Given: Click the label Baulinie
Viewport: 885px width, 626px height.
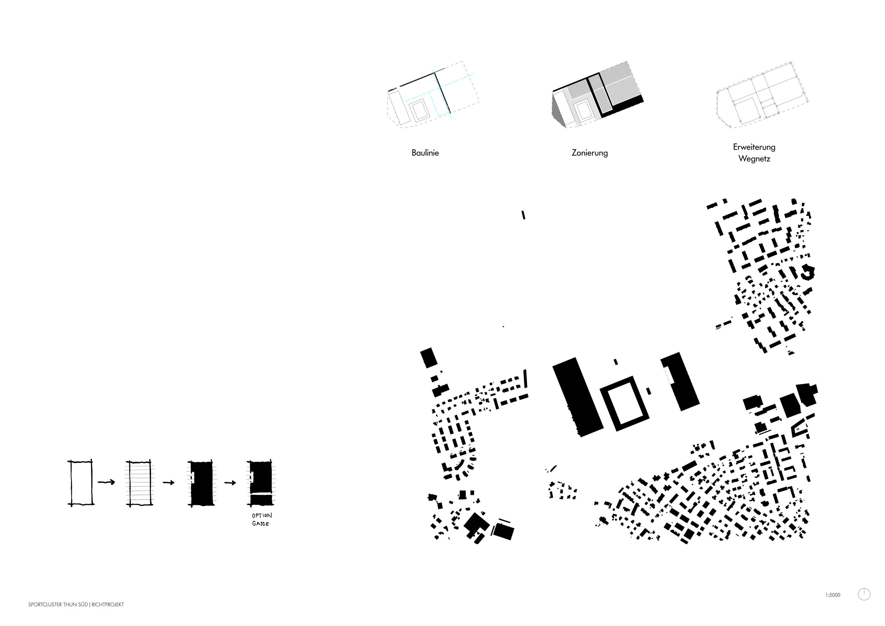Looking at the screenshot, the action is pos(425,153).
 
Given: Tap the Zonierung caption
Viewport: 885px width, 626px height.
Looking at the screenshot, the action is pos(590,153).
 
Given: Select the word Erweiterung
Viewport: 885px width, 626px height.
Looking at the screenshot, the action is pos(754,147).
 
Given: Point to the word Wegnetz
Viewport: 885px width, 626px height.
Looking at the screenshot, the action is pos(754,158).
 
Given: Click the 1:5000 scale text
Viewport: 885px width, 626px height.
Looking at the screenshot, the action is pos(832,595).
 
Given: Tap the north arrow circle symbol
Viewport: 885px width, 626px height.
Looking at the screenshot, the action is pos(864,595).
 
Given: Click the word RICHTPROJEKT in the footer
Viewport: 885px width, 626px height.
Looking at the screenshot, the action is pos(108,605).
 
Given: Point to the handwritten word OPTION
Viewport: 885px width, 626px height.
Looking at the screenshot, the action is pos(262,515).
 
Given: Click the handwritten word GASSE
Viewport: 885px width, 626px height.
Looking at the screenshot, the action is pos(261,524).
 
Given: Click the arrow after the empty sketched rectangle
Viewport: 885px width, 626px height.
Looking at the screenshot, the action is pos(106,482).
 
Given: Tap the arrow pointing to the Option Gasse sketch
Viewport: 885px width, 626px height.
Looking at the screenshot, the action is pos(230,482).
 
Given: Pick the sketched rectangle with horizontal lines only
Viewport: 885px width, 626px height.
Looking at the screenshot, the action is pos(140,482).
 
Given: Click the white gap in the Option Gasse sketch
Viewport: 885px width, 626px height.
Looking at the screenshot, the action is pos(261,494).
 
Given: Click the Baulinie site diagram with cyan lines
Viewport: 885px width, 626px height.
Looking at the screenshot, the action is pos(433,95).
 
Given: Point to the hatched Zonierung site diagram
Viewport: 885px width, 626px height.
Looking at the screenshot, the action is pos(597,95).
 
